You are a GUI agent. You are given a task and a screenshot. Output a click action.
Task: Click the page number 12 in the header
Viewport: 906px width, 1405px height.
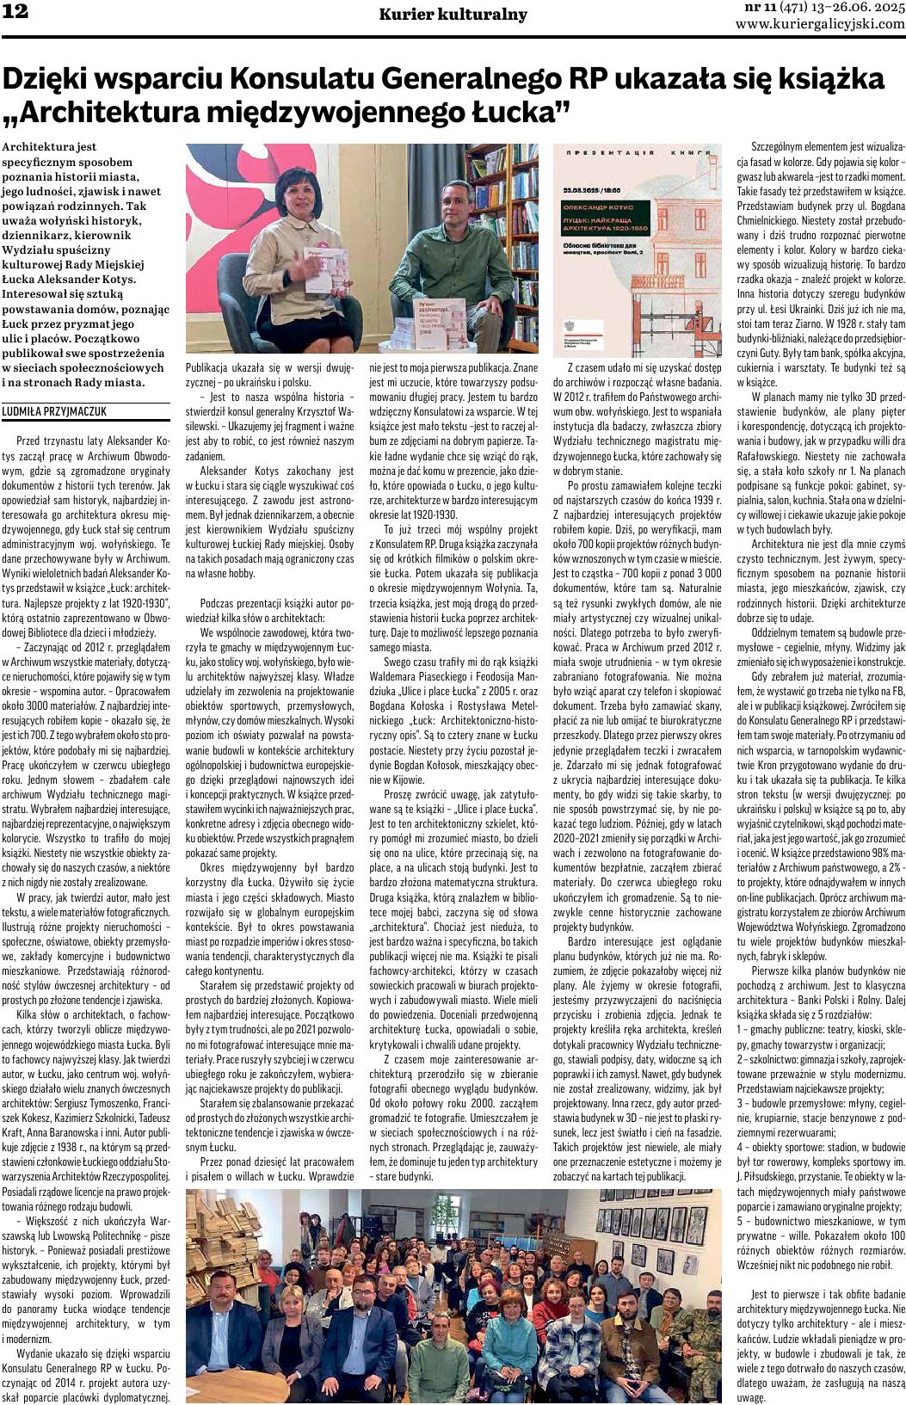15,11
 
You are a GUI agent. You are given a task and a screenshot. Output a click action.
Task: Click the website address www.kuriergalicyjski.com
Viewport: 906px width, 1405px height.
820,24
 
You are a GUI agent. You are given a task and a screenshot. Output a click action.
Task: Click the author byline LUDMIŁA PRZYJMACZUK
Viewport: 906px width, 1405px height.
55,412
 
